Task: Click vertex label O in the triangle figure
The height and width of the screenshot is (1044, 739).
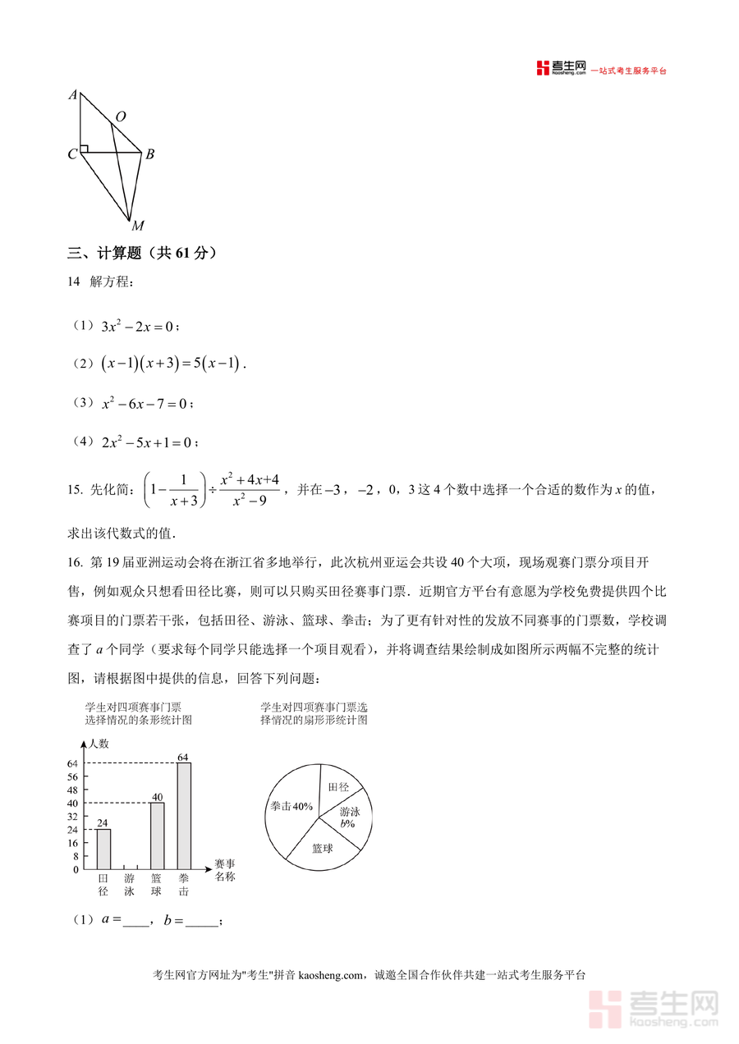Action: [121, 117]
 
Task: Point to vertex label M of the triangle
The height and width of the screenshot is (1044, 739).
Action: [137, 227]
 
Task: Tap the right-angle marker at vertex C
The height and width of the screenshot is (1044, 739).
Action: [84, 149]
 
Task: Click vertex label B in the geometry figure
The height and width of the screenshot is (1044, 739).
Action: [150, 154]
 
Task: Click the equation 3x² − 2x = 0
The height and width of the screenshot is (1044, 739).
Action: [137, 327]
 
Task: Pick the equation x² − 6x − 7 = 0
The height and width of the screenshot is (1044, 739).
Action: [145, 404]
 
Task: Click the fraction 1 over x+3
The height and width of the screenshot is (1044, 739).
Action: [182, 490]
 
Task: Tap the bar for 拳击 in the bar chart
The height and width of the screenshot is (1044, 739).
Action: [184, 816]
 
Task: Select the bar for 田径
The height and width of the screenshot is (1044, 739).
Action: [103, 849]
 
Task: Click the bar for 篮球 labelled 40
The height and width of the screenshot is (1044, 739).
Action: [157, 836]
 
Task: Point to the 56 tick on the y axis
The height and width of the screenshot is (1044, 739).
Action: [74, 776]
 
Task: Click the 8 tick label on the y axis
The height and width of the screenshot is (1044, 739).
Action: [76, 856]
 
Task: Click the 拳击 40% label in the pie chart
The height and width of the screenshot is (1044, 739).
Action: [291, 807]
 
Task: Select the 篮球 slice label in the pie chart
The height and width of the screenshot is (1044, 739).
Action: [323, 849]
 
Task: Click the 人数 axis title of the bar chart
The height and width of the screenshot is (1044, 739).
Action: [99, 744]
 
